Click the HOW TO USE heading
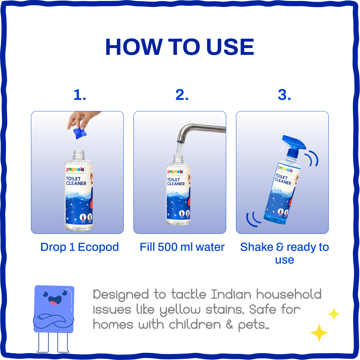point(180,47)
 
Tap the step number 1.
point(80,95)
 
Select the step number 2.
point(182,95)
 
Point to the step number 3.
point(284,95)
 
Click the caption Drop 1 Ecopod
point(80,247)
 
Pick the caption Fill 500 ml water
point(182,247)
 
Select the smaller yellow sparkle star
point(334,314)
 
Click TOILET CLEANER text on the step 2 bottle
point(176,182)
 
